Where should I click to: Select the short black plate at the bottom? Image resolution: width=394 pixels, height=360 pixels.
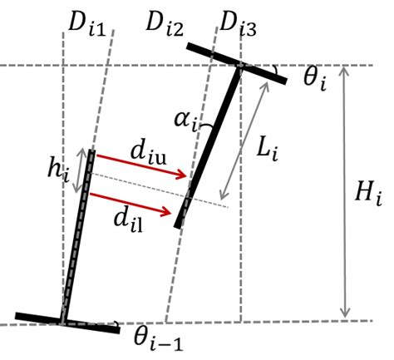(66, 322)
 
